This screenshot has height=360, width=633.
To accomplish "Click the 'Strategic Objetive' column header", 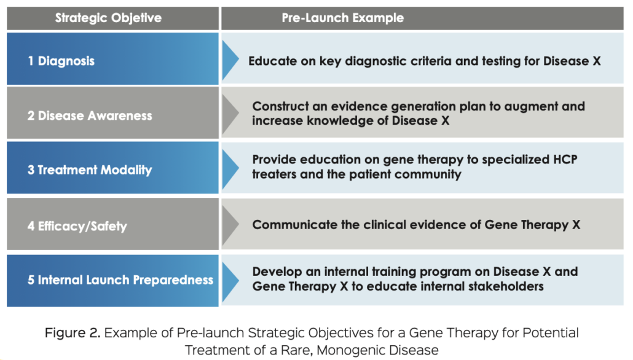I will pos(108,18).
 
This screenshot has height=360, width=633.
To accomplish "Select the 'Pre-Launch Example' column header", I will pos(342,18).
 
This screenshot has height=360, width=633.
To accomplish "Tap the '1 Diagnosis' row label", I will pos(61,61).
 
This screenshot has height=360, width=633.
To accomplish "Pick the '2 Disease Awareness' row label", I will pos(90,115).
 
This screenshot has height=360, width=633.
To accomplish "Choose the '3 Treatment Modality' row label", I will pos(90,170).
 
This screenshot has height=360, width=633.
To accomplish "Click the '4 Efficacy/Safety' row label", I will pos(77,225).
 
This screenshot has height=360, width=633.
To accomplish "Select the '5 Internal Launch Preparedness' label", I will pos(120,280).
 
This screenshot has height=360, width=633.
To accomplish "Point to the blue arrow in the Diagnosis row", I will pos(230,59).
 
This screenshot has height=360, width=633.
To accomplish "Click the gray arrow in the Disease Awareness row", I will pos(230,114).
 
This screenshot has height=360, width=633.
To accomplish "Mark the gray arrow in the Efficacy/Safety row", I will pos(230,224).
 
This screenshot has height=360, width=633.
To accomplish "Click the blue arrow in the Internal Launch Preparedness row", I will pos(230,278).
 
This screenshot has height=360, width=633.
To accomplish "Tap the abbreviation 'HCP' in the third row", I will pos(561,159).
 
